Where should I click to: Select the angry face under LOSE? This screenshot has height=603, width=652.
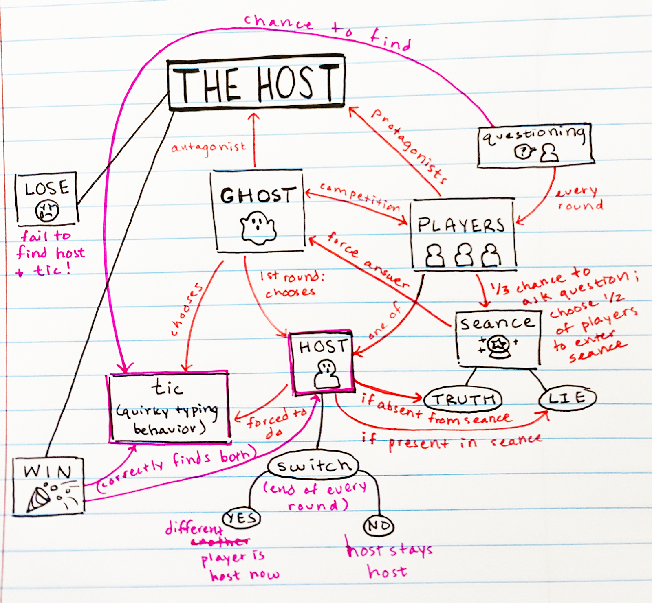coord(47,210)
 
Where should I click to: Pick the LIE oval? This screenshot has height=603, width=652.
coord(567,398)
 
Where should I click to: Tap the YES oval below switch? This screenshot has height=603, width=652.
coord(242,518)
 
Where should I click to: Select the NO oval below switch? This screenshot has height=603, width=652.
coord(379,526)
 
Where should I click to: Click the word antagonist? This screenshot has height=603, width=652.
coord(209,147)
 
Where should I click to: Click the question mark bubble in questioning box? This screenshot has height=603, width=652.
coord(522,152)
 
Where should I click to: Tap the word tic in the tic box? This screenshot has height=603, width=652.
coord(167,388)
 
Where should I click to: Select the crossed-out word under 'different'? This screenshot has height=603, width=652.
coord(220,542)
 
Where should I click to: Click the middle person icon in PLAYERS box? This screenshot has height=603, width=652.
coord(464,255)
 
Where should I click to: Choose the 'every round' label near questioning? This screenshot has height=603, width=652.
coord(578,198)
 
